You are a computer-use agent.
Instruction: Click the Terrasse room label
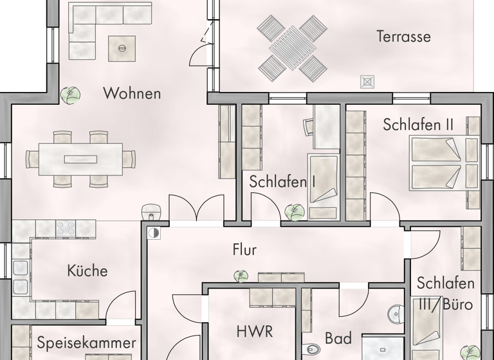[403, 36]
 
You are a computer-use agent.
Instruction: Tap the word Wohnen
[131, 94]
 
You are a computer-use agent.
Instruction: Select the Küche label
[87, 271]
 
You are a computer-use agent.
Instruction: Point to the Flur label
[244, 249]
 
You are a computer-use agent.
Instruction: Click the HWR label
[255, 332]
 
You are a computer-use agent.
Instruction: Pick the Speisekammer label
[86, 343]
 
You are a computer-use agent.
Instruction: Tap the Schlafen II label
[418, 125]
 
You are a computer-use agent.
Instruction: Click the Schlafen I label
[282, 182]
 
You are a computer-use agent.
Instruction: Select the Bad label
[338, 338]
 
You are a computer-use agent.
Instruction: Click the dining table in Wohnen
[80, 158]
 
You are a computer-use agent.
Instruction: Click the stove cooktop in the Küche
[66, 228]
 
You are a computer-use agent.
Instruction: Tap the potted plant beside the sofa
[71, 95]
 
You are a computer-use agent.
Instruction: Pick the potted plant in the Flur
[241, 276]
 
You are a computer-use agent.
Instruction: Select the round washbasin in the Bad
[395, 315]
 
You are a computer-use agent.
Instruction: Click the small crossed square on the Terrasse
[368, 82]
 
